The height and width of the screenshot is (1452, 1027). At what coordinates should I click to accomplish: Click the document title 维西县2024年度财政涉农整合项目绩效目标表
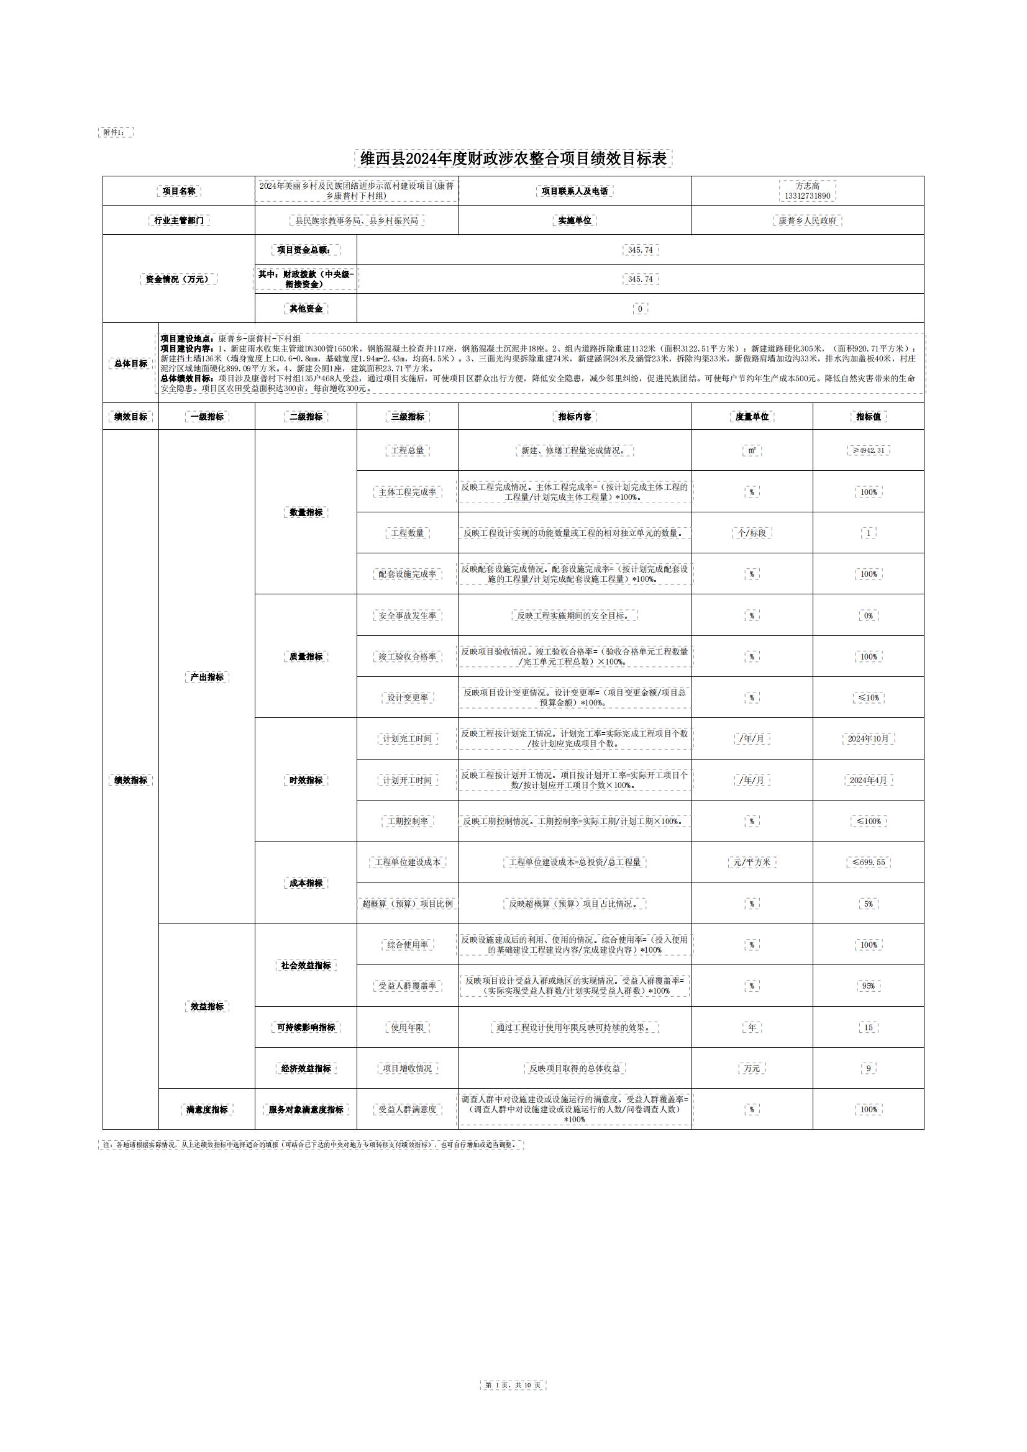[x=513, y=159]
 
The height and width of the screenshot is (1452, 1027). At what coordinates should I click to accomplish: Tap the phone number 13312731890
[x=807, y=196]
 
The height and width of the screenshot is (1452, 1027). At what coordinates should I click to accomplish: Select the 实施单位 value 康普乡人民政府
[x=807, y=220]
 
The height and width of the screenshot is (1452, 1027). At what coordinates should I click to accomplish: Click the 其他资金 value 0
[x=640, y=309]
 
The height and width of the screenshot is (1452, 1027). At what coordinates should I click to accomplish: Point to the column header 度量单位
[x=752, y=417]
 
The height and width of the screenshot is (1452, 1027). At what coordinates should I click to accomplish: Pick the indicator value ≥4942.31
[x=868, y=450]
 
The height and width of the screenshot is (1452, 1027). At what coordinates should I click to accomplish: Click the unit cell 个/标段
[x=752, y=533]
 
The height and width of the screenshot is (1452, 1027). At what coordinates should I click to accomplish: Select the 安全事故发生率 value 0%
[x=868, y=615]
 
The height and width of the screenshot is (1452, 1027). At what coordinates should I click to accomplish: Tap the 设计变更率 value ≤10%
[x=868, y=697]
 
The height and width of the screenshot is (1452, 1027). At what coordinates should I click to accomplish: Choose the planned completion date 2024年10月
[x=868, y=738]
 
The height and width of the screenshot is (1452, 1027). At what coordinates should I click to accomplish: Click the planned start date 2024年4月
[x=868, y=781]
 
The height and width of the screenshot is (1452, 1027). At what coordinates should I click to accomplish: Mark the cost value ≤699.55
[x=868, y=862]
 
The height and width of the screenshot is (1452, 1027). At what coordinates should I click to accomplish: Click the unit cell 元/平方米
[x=752, y=862]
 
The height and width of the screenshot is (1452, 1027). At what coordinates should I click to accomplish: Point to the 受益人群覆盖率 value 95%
[x=868, y=986]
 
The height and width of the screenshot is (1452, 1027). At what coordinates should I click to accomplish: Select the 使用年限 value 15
[x=868, y=1028]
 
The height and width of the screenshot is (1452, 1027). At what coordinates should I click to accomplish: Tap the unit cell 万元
[x=752, y=1068]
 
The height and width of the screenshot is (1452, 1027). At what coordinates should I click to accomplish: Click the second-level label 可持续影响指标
[x=306, y=1028]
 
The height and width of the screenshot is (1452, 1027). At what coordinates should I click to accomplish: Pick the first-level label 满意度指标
[x=207, y=1109]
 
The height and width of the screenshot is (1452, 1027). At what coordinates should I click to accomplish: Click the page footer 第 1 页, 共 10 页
[x=513, y=1385]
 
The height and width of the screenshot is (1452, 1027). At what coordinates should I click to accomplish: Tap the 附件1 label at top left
[x=115, y=132]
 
